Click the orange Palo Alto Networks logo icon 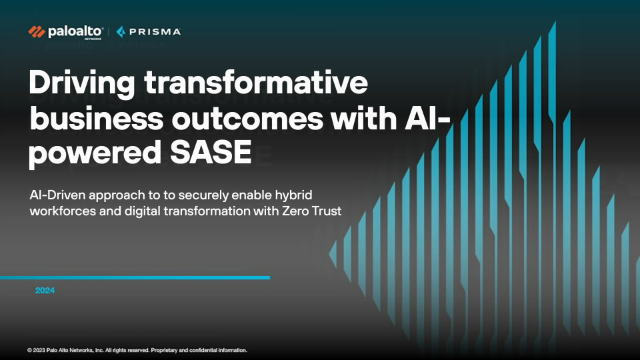click(36, 32)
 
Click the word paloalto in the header click(75, 32)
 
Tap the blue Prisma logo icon click(121, 32)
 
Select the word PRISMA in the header click(155, 32)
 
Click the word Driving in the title click(82, 83)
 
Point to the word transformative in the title click(256, 82)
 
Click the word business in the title click(96, 118)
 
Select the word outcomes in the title click(247, 119)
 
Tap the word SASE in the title click(211, 152)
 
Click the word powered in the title click(95, 154)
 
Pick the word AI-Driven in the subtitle click(58, 195)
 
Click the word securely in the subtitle click(202, 195)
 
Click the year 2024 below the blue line click(45, 290)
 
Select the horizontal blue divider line click(135, 278)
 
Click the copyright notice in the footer click(137, 350)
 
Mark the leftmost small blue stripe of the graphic click(333, 254)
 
